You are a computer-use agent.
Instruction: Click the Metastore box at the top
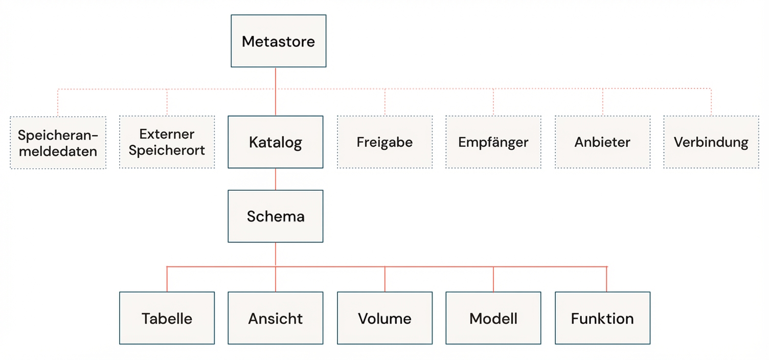click(x=278, y=41)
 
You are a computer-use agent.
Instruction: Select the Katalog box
click(x=275, y=142)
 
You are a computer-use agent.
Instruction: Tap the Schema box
click(x=275, y=216)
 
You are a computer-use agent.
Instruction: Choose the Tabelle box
click(x=167, y=318)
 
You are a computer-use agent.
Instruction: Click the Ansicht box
click(x=275, y=318)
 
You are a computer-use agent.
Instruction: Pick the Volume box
click(x=384, y=318)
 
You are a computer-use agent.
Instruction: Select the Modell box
click(x=493, y=318)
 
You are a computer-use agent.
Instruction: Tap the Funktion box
click(x=602, y=318)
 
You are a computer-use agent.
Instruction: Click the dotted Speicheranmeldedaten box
click(x=58, y=143)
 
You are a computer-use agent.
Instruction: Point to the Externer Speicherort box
click(x=167, y=142)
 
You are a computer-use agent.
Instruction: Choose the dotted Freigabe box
click(x=384, y=142)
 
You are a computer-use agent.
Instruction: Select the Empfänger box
click(x=493, y=142)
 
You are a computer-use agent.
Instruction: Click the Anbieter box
click(x=602, y=142)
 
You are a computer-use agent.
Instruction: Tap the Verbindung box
click(x=711, y=142)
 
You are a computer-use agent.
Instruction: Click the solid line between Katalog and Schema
click(x=276, y=179)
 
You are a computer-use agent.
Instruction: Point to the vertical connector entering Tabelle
click(x=167, y=279)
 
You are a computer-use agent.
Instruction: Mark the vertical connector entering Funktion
click(x=607, y=279)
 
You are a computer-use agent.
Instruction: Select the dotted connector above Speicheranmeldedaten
click(x=58, y=102)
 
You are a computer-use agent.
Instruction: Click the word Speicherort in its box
click(x=167, y=150)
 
